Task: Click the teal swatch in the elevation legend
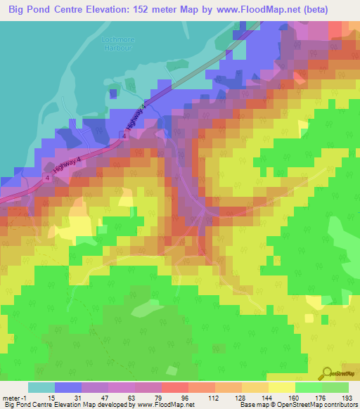pos(41,387)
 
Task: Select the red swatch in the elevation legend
pos(174,387)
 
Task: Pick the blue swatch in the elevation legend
pos(67,387)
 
